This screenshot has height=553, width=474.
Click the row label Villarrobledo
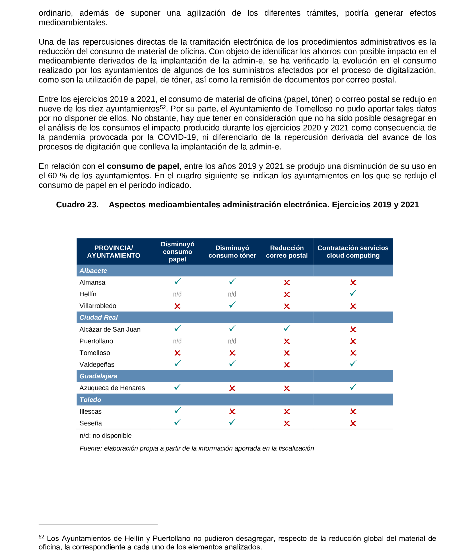(x=98, y=306)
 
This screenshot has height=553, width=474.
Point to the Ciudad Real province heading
(x=99, y=317)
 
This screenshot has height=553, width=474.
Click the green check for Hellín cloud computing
(x=353, y=293)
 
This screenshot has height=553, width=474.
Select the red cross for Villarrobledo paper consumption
(x=177, y=306)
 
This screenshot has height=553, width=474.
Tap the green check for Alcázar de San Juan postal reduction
(x=287, y=328)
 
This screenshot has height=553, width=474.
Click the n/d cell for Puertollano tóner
(x=232, y=341)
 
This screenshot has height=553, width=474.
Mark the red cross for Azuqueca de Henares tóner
(x=232, y=388)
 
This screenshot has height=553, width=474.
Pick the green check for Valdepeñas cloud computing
(x=353, y=363)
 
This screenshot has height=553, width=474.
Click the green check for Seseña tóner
(x=232, y=422)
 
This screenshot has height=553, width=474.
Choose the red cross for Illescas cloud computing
(x=353, y=412)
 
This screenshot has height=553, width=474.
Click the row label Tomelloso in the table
(x=95, y=353)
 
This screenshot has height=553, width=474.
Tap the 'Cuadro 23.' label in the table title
(x=77, y=204)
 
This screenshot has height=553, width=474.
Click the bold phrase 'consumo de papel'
(x=143, y=166)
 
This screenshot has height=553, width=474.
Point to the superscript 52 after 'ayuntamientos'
(x=163, y=107)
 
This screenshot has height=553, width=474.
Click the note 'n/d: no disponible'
(x=105, y=435)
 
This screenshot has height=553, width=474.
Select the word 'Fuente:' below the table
(x=91, y=448)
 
